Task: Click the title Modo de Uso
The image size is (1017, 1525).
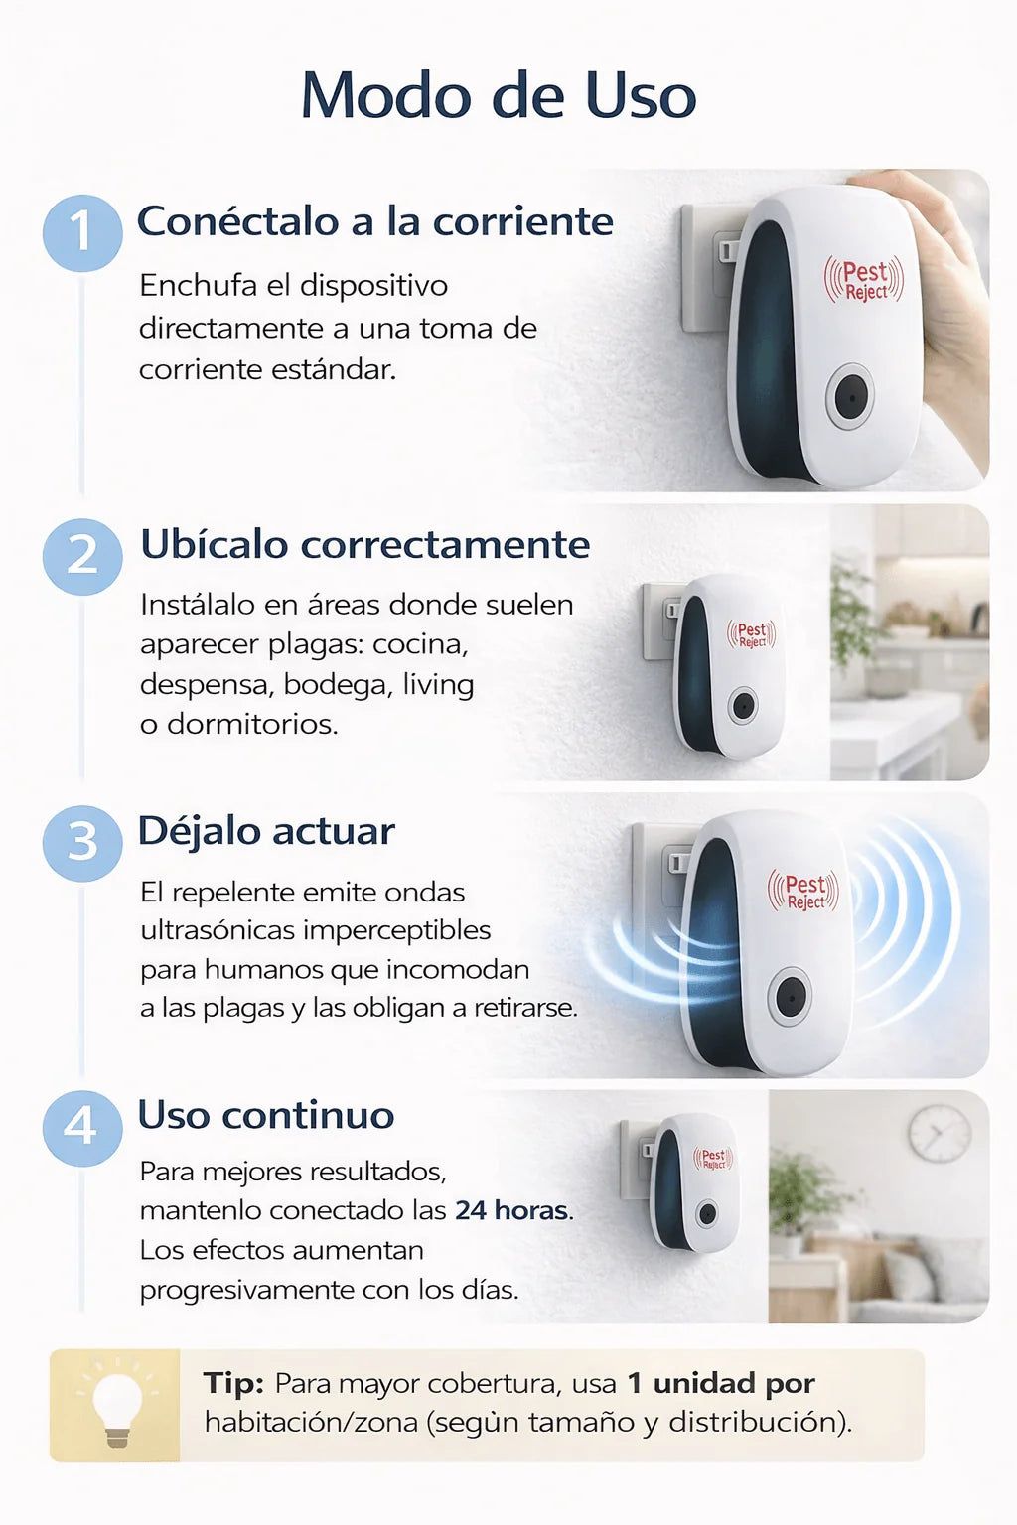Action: click(499, 96)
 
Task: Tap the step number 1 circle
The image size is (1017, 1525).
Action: click(82, 232)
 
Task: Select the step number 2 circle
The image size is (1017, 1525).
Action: click(82, 556)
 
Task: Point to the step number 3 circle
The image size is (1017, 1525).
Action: click(82, 843)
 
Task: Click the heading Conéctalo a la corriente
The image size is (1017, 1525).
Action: click(374, 221)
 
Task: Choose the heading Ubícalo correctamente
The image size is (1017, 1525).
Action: click(364, 544)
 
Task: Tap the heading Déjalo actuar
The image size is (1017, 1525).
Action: click(266, 831)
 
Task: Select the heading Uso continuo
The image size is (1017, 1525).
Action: click(265, 1115)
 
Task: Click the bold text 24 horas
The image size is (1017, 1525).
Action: click(511, 1210)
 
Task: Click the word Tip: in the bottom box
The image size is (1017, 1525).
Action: click(233, 1383)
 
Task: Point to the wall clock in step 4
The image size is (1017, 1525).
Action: click(939, 1133)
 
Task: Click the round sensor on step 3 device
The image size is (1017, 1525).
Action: click(791, 995)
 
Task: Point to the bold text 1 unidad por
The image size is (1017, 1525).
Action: click(721, 1383)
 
